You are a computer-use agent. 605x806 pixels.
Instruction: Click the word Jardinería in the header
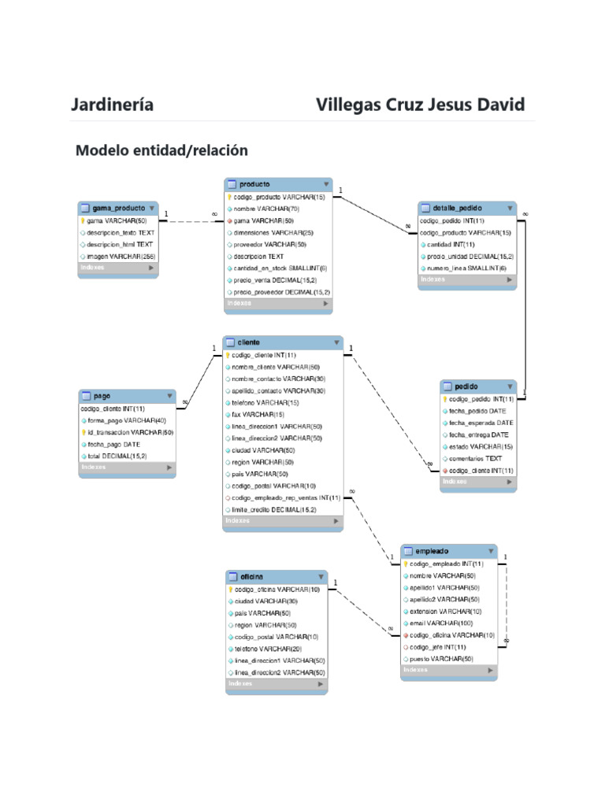coord(112,105)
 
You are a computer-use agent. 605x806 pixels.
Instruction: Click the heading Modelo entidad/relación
coord(161,150)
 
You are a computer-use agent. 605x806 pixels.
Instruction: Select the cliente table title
coord(249,343)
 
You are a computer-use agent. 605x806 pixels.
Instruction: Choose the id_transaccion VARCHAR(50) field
coord(130,432)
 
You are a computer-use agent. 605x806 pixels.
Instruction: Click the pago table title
coord(102,396)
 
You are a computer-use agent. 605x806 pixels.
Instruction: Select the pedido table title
coord(466,386)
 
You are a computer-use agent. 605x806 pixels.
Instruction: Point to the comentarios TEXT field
coord(475,458)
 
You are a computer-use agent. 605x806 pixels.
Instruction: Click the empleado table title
coord(432,552)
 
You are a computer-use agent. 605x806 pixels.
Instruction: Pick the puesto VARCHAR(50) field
coord(441,659)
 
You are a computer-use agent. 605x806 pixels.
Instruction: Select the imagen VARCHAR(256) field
coord(121,257)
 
